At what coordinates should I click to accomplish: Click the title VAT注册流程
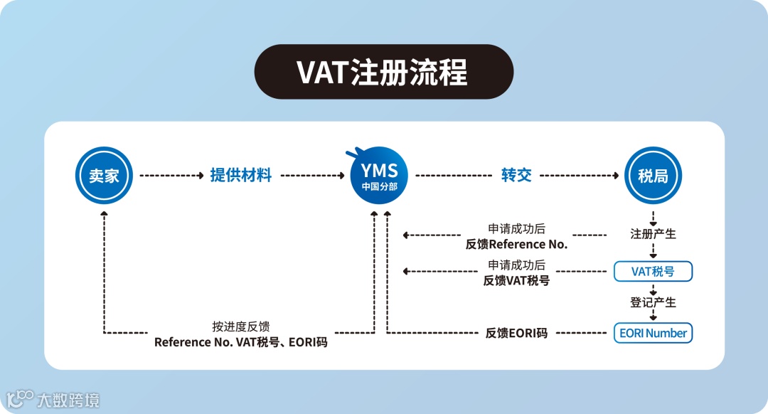tap(383, 72)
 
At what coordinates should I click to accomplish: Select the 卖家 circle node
tap(104, 175)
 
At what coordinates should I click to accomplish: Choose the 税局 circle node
tap(652, 175)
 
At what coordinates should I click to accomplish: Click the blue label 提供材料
tap(241, 175)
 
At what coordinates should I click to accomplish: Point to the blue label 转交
tap(516, 175)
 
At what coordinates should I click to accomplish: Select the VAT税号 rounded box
tap(653, 271)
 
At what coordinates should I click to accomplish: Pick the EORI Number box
tap(653, 333)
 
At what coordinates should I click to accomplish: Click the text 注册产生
tap(653, 233)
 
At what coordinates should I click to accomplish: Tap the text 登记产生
tap(653, 302)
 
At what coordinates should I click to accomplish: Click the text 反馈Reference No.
tap(516, 244)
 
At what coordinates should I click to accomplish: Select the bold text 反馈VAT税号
tap(516, 280)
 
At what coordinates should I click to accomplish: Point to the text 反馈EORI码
tap(516, 333)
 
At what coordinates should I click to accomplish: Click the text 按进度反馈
tap(241, 327)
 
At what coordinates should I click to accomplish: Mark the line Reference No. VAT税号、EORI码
tap(241, 342)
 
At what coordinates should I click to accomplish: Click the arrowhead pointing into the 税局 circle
tap(615, 175)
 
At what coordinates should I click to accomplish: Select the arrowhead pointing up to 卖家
tap(105, 213)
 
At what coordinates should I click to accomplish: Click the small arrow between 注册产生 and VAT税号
tap(653, 252)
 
